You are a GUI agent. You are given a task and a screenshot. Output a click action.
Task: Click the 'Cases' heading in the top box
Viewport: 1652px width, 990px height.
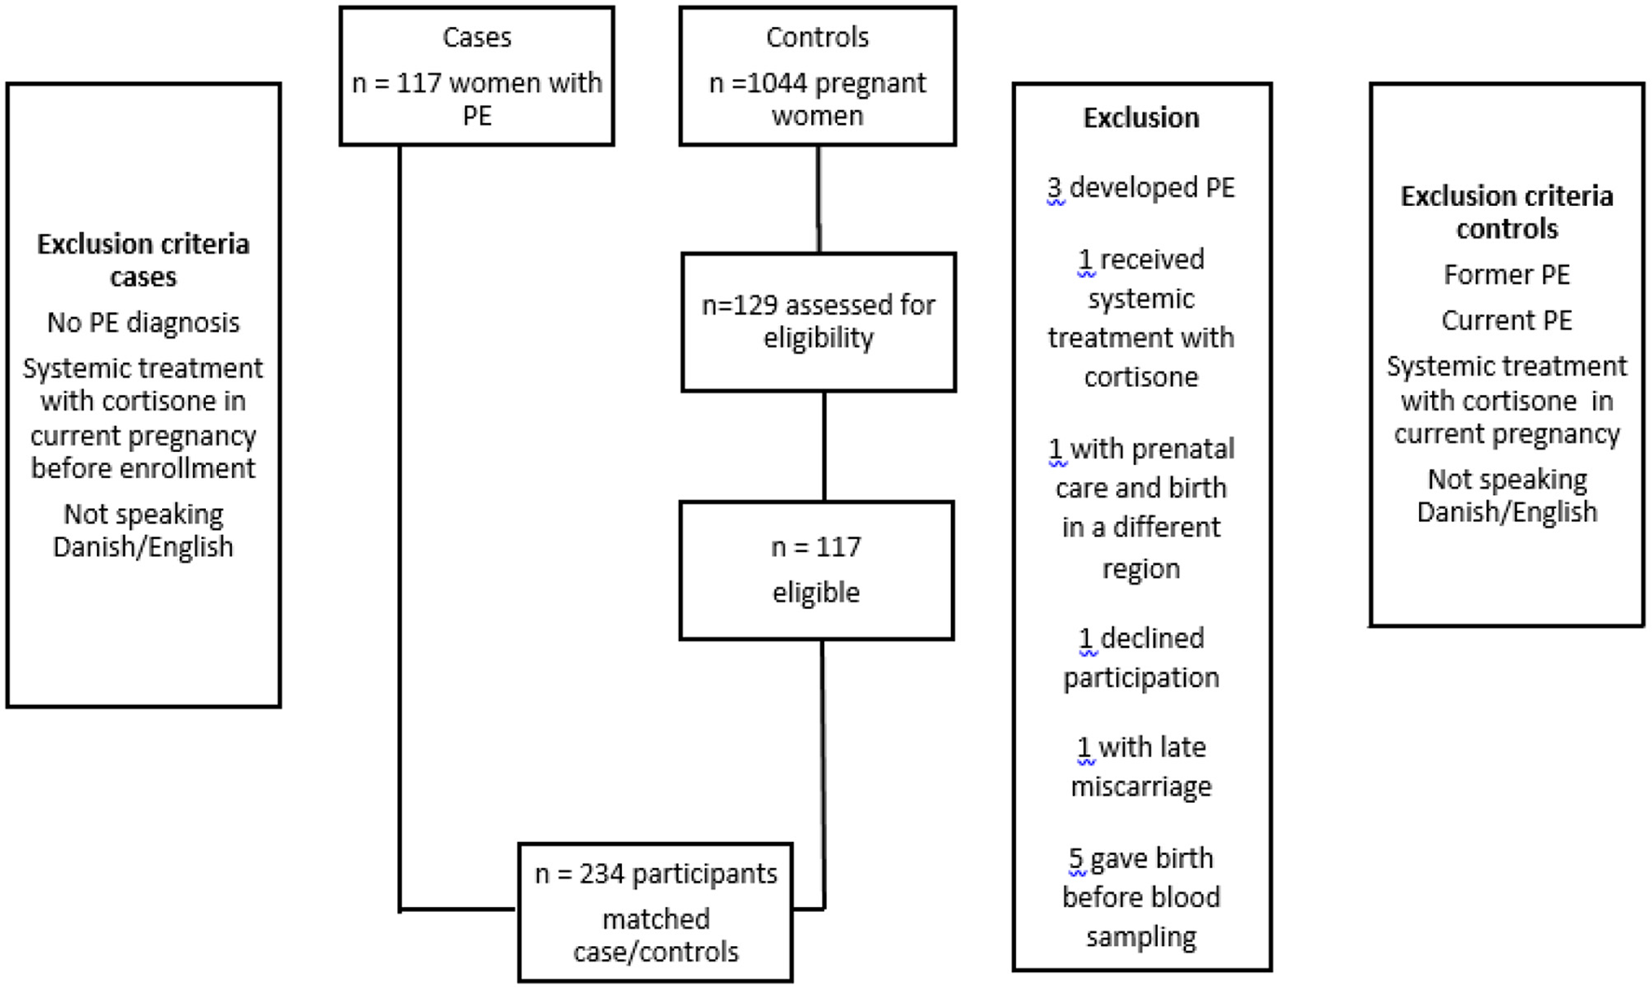(x=476, y=37)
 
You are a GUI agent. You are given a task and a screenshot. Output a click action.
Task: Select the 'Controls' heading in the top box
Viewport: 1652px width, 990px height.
(x=817, y=37)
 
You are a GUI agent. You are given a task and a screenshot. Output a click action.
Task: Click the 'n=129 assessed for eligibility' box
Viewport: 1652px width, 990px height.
(x=818, y=322)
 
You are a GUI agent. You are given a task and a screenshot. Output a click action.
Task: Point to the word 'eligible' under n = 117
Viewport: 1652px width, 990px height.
(x=816, y=593)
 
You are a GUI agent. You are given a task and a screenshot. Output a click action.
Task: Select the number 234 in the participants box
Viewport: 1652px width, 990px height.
(x=601, y=874)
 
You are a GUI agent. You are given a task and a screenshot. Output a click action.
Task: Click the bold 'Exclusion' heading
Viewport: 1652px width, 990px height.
(x=1141, y=118)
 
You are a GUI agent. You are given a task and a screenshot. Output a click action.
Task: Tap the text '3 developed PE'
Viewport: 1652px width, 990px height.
(x=1141, y=188)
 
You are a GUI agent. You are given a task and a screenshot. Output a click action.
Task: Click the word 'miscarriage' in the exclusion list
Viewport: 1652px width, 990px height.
(x=1141, y=787)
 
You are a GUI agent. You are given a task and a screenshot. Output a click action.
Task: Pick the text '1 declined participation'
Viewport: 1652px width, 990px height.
(x=1141, y=658)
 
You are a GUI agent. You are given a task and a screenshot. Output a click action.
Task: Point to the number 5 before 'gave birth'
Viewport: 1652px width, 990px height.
(x=1076, y=859)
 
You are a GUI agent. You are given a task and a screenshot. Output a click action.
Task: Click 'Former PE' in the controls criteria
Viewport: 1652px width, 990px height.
(x=1507, y=275)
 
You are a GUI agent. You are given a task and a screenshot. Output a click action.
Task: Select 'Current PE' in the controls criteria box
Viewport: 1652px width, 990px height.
(x=1507, y=321)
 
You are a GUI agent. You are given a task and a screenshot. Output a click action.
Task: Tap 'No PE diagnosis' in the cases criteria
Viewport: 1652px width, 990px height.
(x=144, y=323)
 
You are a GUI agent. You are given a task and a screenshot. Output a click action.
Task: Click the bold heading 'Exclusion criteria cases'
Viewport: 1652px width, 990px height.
(x=144, y=260)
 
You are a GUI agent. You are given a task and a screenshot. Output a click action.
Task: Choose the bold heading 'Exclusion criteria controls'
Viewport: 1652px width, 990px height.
(x=1507, y=213)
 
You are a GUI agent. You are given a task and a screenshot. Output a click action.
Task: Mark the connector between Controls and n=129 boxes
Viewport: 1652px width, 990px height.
(x=819, y=199)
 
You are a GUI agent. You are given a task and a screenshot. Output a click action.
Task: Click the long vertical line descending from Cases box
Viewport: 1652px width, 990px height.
(x=400, y=522)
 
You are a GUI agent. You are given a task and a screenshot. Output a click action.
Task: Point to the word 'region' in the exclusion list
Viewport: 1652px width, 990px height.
(x=1141, y=569)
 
